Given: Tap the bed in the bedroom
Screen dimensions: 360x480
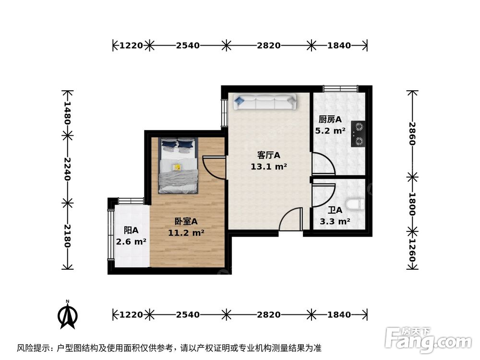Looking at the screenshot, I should pos(179,166).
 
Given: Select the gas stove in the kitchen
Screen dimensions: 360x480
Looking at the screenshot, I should pos(358,134).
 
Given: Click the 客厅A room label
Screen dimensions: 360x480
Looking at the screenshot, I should pos(268,156).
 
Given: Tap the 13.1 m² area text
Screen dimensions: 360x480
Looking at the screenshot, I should pos(268,167).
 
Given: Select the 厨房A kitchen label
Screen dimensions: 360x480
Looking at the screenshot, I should pos(330,120).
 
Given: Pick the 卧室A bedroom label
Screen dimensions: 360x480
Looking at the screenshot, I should pos(186,221).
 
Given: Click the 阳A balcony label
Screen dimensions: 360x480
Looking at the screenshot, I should pos(131,230).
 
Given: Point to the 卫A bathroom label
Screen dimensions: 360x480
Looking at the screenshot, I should pos(335,210).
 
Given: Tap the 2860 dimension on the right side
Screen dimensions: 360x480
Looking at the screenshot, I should pos(412,134).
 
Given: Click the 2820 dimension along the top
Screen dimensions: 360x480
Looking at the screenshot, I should pos(268,46).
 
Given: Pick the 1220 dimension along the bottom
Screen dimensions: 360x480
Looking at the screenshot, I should pos(131,315).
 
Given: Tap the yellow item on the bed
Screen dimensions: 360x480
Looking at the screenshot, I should pos(177,167).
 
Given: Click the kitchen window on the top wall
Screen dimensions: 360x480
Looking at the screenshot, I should pos(340,88).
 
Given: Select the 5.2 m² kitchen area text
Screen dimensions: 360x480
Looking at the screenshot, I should pos(330,130).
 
